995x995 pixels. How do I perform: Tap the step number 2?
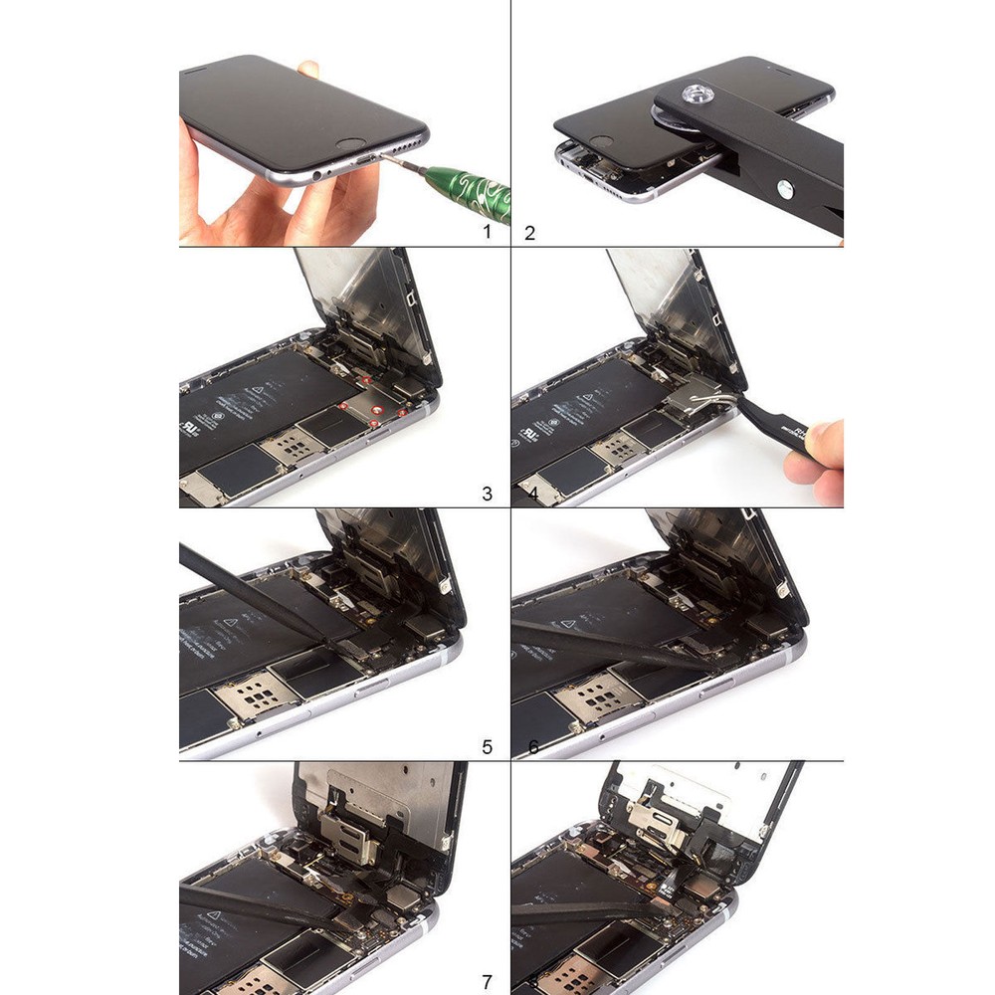[x=529, y=234]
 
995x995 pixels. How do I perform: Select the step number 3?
[x=487, y=493]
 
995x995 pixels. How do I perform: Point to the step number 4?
[x=529, y=494]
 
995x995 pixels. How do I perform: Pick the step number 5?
[x=487, y=745]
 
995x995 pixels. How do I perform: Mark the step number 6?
[x=532, y=746]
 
